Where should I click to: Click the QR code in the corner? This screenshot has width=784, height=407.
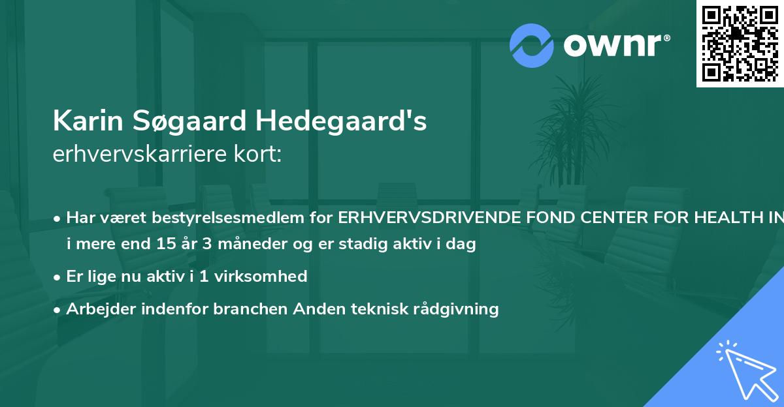click(740, 43)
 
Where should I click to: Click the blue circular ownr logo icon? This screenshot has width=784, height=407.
click(532, 46)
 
